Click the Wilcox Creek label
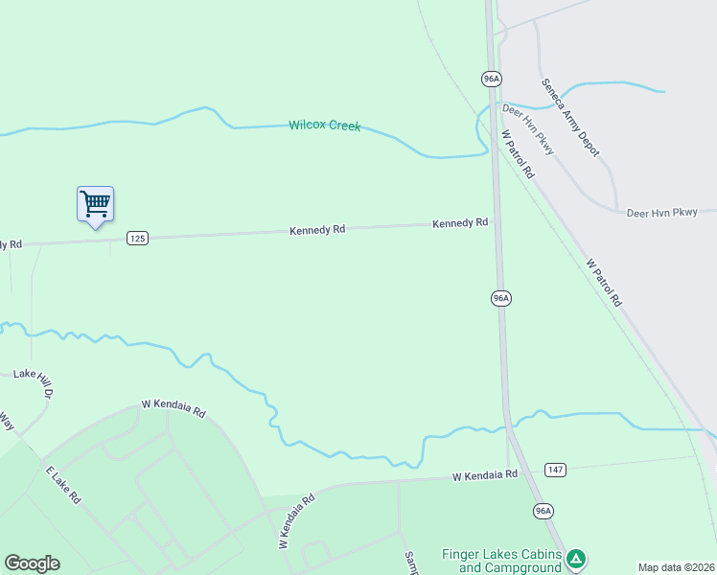coord(325,126)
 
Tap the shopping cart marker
coord(95,204)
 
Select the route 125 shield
coord(138,238)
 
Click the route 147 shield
coord(554,469)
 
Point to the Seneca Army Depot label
coord(570,117)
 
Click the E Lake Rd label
coord(63,485)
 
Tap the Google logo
coord(32,563)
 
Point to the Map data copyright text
coord(676,567)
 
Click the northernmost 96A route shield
coord(491,78)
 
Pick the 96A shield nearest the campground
coord(544,511)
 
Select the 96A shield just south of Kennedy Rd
coord(500,298)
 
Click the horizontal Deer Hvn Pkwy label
coord(661,212)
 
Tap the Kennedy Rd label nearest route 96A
coord(460,223)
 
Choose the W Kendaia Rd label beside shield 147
coord(485,474)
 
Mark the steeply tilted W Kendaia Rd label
coord(297,521)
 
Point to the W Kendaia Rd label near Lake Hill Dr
coord(173,407)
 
